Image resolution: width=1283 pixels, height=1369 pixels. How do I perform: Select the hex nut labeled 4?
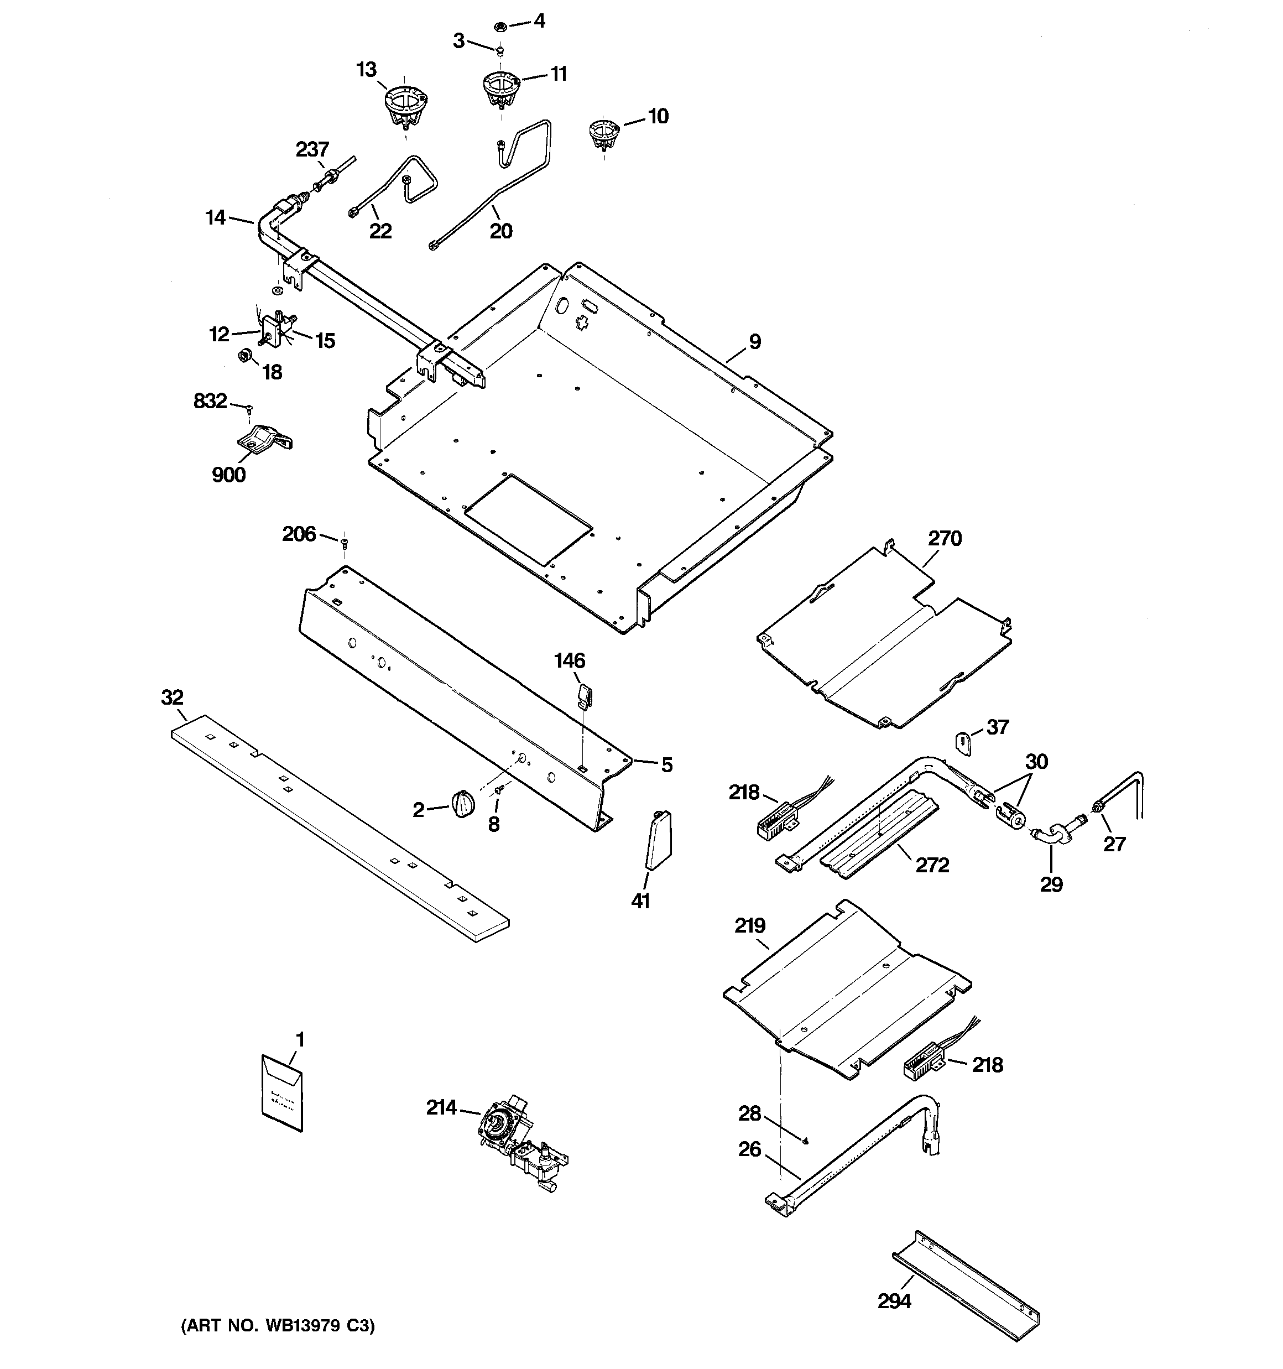(500, 27)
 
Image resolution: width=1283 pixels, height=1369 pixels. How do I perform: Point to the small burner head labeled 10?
(604, 136)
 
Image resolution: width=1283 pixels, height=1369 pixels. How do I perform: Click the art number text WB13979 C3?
(278, 1324)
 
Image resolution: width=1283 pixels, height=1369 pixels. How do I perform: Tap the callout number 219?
(750, 925)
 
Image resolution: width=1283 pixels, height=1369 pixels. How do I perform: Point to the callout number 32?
(172, 697)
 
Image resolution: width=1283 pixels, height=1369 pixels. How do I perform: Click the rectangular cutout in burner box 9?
(528, 518)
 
